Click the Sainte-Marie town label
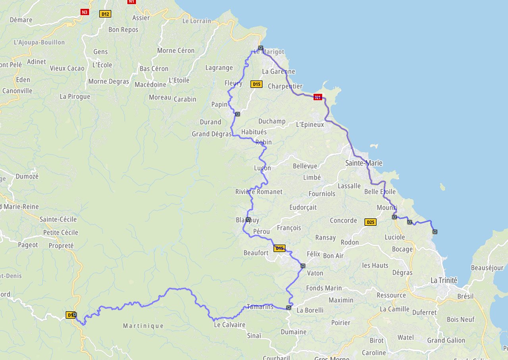click(x=364, y=163)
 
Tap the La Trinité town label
click(x=444, y=281)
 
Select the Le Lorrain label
click(x=196, y=21)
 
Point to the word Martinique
click(x=143, y=326)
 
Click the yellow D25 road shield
click(x=370, y=222)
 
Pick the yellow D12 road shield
click(x=105, y=14)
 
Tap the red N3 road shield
click(x=84, y=12)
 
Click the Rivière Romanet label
click(x=259, y=192)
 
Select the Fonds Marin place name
click(x=324, y=288)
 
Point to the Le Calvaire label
click(x=229, y=325)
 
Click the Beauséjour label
click(x=487, y=268)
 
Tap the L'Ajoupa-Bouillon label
click(x=39, y=42)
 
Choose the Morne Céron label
click(x=176, y=50)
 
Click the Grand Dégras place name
click(x=212, y=134)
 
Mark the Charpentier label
click(x=285, y=86)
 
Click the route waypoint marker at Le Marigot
click(x=261, y=48)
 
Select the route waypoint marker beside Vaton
click(x=303, y=266)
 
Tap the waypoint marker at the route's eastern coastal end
click(x=435, y=231)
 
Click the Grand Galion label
click(x=446, y=340)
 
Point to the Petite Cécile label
click(x=61, y=232)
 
